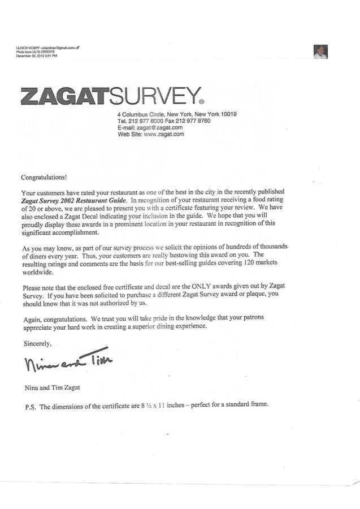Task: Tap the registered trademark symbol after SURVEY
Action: point(201,102)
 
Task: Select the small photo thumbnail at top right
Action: point(320,52)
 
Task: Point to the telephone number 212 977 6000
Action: point(146,121)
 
